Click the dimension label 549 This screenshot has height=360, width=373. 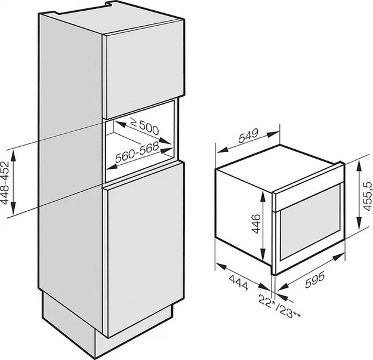click(x=248, y=136)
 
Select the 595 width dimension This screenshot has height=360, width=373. click(x=315, y=280)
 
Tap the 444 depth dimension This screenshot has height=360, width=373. click(x=238, y=282)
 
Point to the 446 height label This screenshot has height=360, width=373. click(x=256, y=224)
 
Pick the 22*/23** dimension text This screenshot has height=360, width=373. click(x=279, y=305)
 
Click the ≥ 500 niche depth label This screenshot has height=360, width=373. click(x=145, y=127)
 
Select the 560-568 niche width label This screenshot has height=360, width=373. click(x=137, y=152)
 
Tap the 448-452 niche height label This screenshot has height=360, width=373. click(x=5, y=183)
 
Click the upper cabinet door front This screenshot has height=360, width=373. click(x=145, y=69)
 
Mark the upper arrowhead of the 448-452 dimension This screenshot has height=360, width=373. click(x=13, y=155)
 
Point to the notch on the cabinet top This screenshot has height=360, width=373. click(x=109, y=4)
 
